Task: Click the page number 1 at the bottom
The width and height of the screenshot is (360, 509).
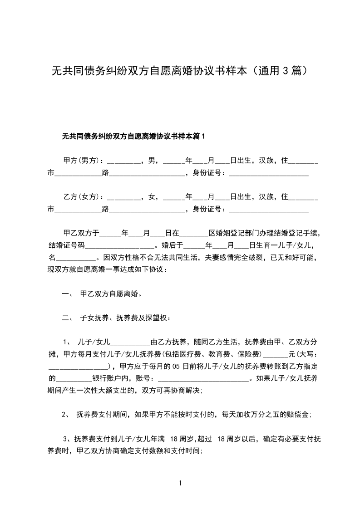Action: (180, 483)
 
